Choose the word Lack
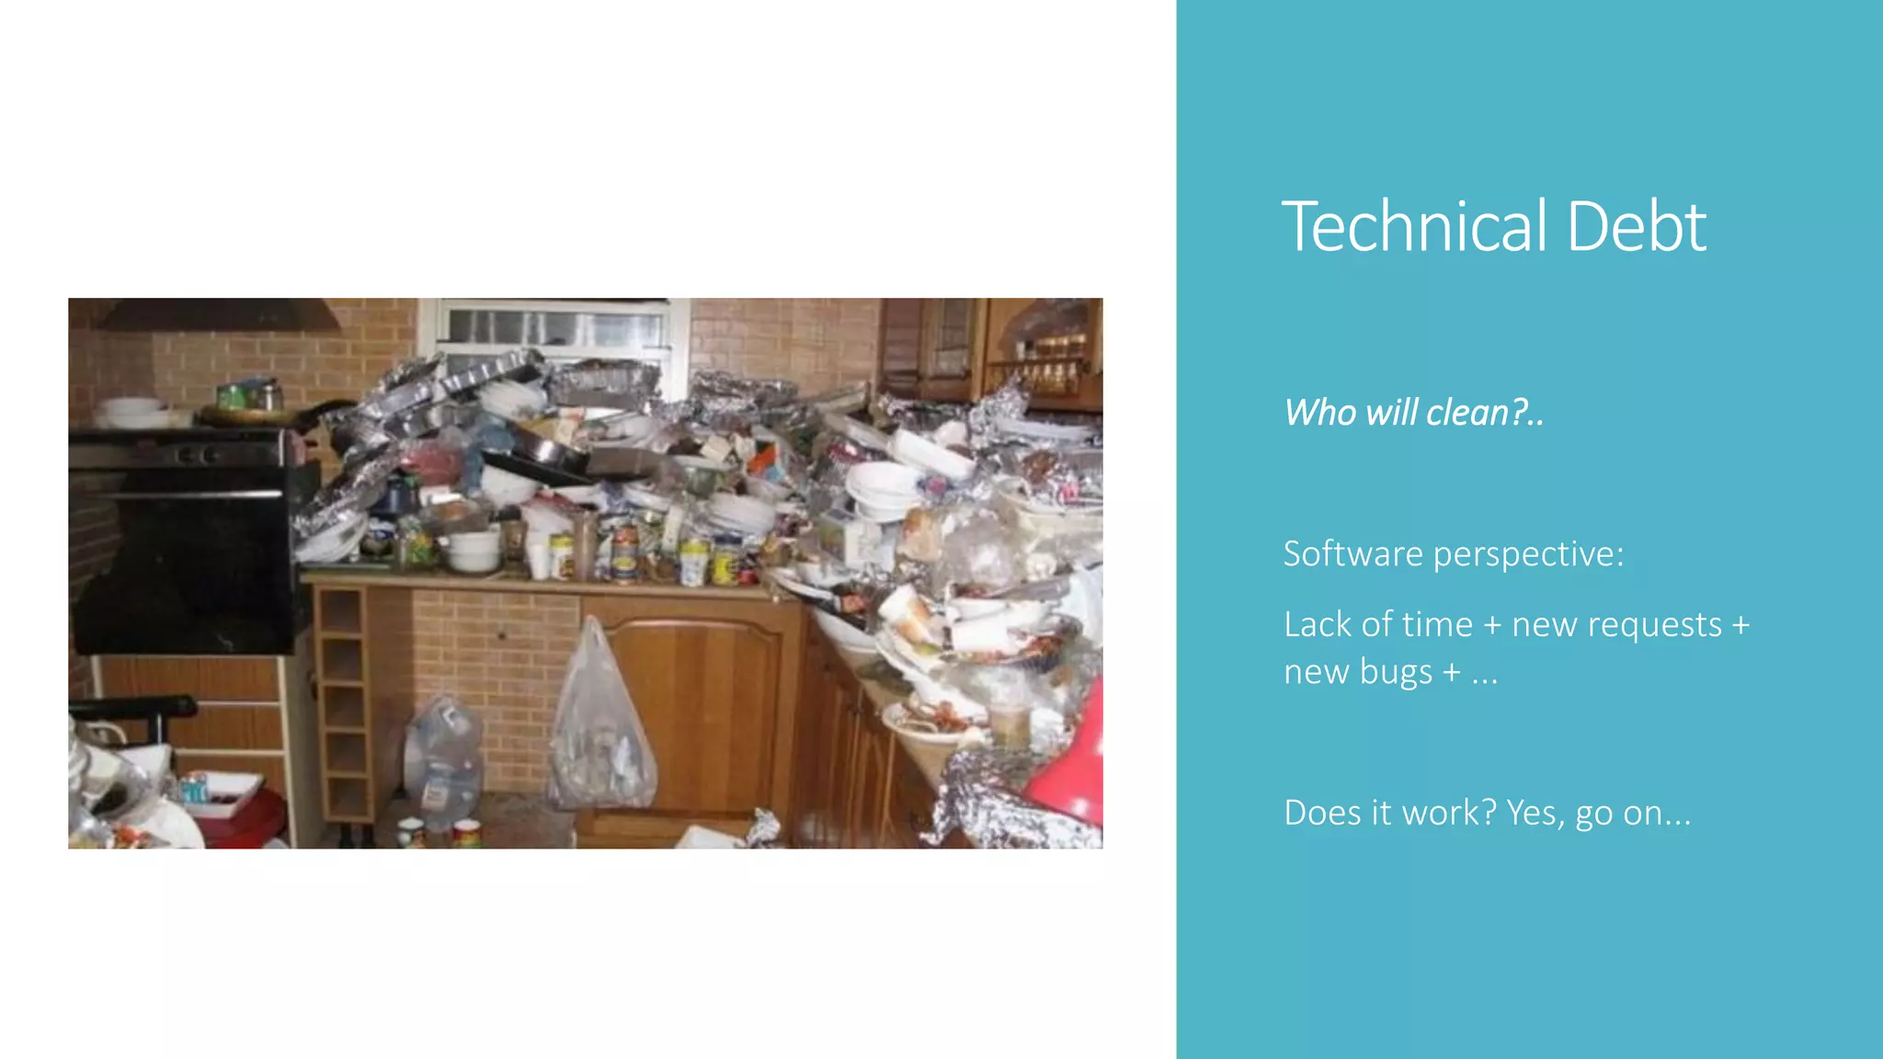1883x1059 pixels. pos(1318,624)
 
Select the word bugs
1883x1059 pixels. pos(1396,674)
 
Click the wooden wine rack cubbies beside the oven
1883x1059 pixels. pos(342,703)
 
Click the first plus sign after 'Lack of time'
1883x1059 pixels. pos(1492,626)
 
